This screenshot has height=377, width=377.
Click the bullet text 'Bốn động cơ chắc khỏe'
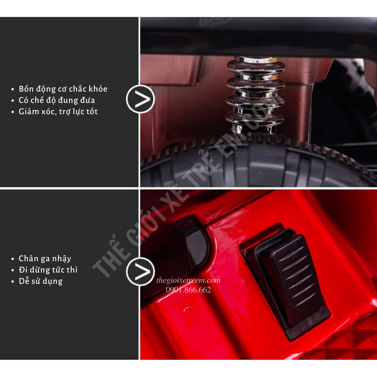63,89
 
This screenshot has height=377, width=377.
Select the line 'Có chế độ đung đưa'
57,100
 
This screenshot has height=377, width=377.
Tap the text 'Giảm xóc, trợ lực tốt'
58,112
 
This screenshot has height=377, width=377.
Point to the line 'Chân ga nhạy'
45,259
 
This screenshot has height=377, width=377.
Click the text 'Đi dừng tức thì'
48,270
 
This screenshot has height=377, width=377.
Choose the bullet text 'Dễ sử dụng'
41,281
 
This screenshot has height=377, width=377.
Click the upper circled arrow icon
140,99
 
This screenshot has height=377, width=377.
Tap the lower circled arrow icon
140,271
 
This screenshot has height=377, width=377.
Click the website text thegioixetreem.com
188,280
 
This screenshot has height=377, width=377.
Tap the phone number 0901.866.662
188,290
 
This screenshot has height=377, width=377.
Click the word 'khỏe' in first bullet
98,89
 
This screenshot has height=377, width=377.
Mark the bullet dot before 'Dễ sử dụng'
13,282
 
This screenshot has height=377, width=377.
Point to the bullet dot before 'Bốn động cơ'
13,89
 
